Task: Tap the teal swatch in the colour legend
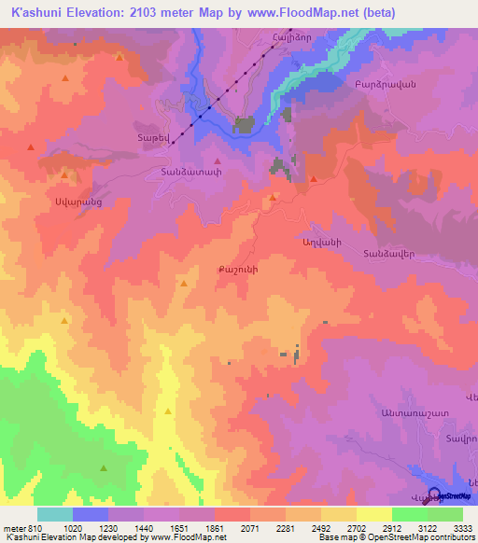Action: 55,514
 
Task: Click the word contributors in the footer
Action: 453,537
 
